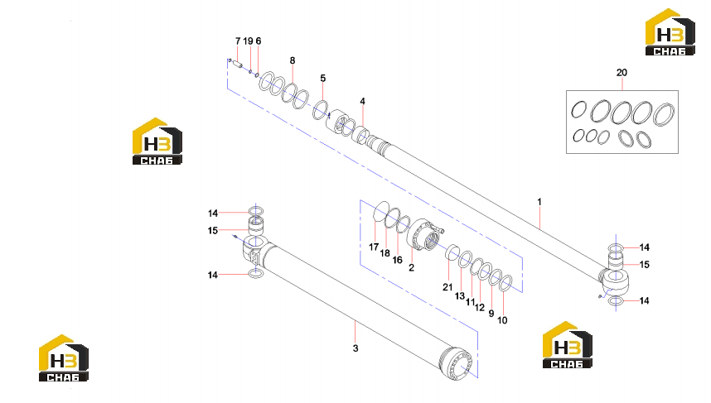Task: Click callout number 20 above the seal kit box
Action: (x=622, y=73)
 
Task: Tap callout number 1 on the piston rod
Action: (x=539, y=202)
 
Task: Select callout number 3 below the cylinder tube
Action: (x=355, y=348)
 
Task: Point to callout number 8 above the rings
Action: (x=293, y=60)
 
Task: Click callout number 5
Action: (x=323, y=78)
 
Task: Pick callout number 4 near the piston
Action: (x=362, y=101)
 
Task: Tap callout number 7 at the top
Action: (x=238, y=41)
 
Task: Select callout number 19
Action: (x=248, y=41)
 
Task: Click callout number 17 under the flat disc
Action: (x=374, y=247)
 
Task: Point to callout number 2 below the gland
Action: (x=411, y=267)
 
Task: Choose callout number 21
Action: (x=447, y=287)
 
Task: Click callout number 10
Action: (x=502, y=320)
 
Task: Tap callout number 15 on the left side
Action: (x=213, y=231)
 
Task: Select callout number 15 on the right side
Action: (x=645, y=265)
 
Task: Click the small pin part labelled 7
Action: (x=238, y=65)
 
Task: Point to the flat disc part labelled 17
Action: (x=381, y=212)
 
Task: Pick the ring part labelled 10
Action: (x=505, y=284)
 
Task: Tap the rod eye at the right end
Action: (x=616, y=281)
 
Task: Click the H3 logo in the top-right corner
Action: (x=670, y=32)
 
